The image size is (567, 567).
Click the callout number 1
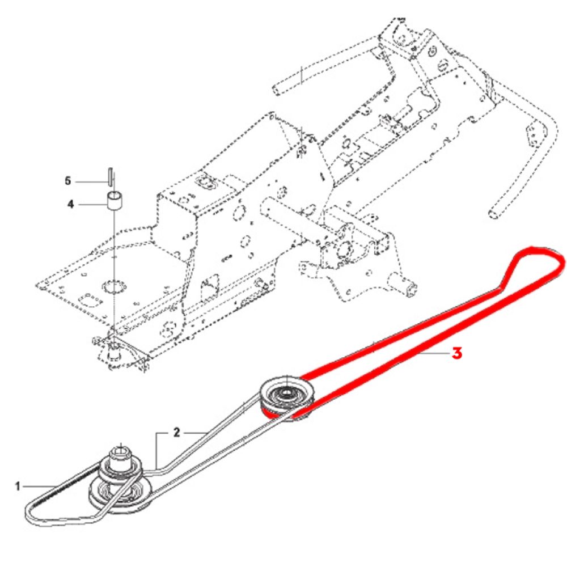[18, 486]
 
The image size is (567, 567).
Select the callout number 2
[176, 433]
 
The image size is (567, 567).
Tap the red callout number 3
[456, 353]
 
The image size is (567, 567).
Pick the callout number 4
[70, 204]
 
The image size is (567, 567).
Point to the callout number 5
[67, 181]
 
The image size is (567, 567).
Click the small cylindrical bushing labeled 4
[116, 202]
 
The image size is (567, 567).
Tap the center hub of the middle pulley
[286, 392]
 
